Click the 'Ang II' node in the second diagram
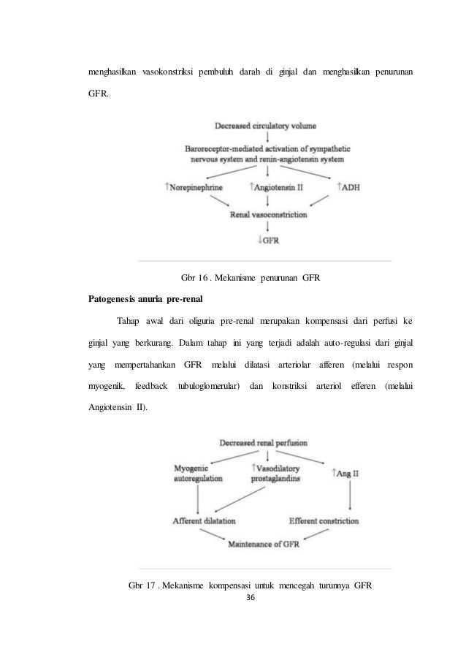348,474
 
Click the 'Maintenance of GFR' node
263,545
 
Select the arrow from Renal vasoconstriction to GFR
268,227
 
